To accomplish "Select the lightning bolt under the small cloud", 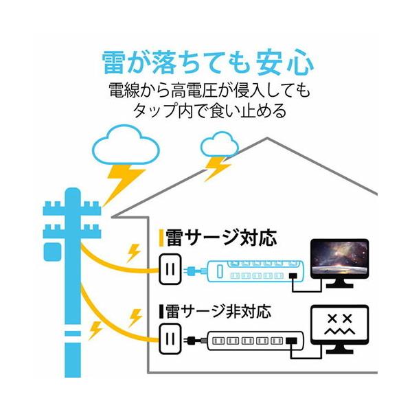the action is [218, 168].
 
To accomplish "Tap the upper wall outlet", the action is [169, 268].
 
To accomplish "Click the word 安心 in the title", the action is [281, 62].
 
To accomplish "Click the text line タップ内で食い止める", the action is [206, 110].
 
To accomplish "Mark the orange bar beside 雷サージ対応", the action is [161, 238].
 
